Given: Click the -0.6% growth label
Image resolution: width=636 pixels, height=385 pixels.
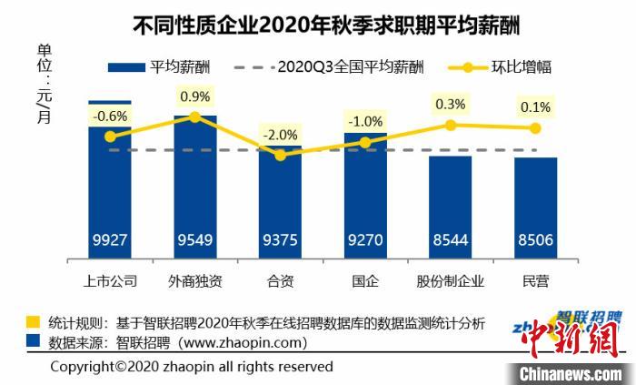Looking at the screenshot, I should [x=112, y=116].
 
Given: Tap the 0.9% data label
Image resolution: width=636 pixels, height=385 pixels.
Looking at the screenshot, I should [x=195, y=96].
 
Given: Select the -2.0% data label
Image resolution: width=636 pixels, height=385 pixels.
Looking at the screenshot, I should [x=280, y=135].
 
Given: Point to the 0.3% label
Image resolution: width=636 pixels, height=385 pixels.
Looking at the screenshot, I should [x=451, y=104].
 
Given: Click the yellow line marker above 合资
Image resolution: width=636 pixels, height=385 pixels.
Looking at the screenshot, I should [x=280, y=156].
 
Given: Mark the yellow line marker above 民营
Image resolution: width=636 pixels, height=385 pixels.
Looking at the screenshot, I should [x=535, y=127].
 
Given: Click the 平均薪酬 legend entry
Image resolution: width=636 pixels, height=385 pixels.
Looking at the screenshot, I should [x=159, y=66].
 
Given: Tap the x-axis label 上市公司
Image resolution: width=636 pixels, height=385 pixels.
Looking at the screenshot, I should [x=109, y=280].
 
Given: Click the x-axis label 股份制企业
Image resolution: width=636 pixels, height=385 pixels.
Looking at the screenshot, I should [x=450, y=280].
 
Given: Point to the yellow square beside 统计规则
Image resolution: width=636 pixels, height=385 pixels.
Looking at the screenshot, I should [x=33, y=323].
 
